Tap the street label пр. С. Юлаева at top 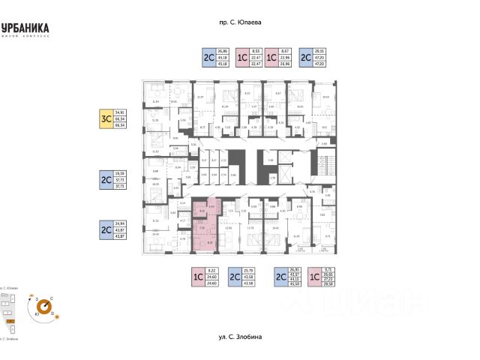(x=239, y=23)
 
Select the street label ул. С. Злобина (x=239, y=337)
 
